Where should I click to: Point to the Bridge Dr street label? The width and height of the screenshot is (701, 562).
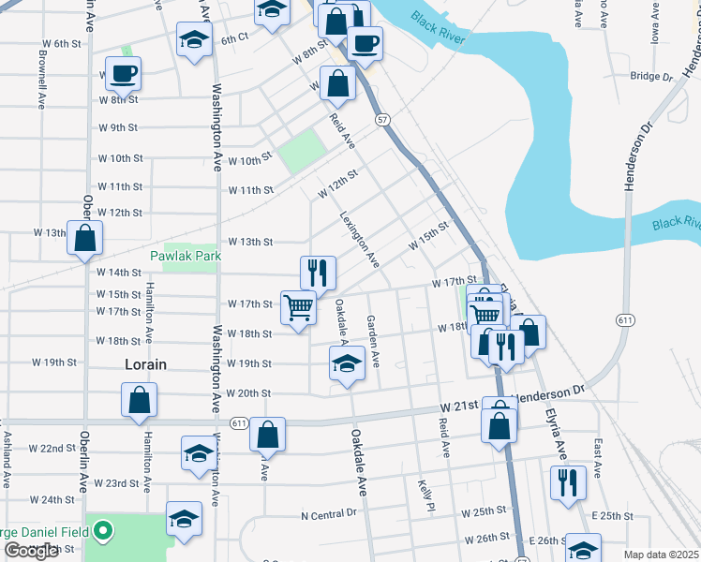(x=651, y=77)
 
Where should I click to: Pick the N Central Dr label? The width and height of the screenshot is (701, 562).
(x=329, y=514)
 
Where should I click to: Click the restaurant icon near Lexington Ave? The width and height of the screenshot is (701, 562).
(x=319, y=273)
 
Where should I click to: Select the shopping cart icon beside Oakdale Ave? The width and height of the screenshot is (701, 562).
(x=298, y=306)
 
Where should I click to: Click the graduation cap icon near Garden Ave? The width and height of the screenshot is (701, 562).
(x=347, y=362)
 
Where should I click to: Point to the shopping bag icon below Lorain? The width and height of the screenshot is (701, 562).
(x=139, y=401)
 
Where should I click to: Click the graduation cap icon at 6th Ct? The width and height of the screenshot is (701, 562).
(x=194, y=41)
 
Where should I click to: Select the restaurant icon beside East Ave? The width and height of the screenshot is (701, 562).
(x=568, y=482)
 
